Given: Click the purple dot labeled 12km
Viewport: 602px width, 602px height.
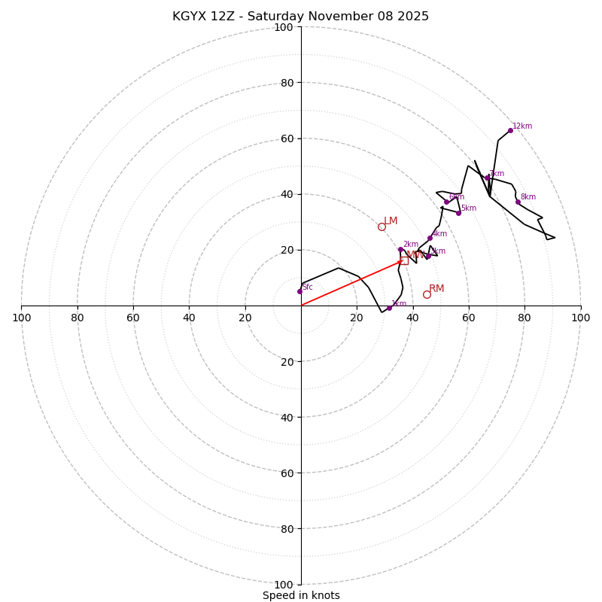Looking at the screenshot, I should point(510,130).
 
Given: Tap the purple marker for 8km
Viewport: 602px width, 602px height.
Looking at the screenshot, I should point(518,202).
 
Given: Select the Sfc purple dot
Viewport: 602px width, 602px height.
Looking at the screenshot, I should point(299,291).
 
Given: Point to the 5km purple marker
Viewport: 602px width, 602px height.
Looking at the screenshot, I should point(458,213).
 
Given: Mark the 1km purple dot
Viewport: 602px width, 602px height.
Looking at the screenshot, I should point(389,308).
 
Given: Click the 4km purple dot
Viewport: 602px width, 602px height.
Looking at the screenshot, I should point(430,238).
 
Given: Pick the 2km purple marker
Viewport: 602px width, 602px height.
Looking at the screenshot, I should point(400,249).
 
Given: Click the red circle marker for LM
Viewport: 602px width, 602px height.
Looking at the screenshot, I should point(382,227).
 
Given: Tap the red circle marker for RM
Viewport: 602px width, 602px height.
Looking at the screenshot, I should point(427,294).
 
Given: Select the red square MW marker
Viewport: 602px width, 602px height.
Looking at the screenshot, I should point(404,260).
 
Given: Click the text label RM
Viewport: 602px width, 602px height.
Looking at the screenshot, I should point(436,289).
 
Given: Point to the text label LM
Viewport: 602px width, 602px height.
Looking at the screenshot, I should point(391,221).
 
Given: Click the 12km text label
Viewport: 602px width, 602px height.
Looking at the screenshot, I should point(522,126).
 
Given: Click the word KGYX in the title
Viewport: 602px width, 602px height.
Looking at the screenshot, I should point(188,17).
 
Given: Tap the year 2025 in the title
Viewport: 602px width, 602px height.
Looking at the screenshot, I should point(414,17).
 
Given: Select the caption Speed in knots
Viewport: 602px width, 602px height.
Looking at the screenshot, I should point(301,595).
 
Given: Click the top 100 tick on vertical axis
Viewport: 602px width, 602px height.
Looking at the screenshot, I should point(284,27).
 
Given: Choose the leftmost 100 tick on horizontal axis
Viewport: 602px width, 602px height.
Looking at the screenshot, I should point(21,318).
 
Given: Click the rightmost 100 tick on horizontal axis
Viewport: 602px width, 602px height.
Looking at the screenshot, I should point(580,318).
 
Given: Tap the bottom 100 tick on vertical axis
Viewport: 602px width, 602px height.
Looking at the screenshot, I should point(284,584).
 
